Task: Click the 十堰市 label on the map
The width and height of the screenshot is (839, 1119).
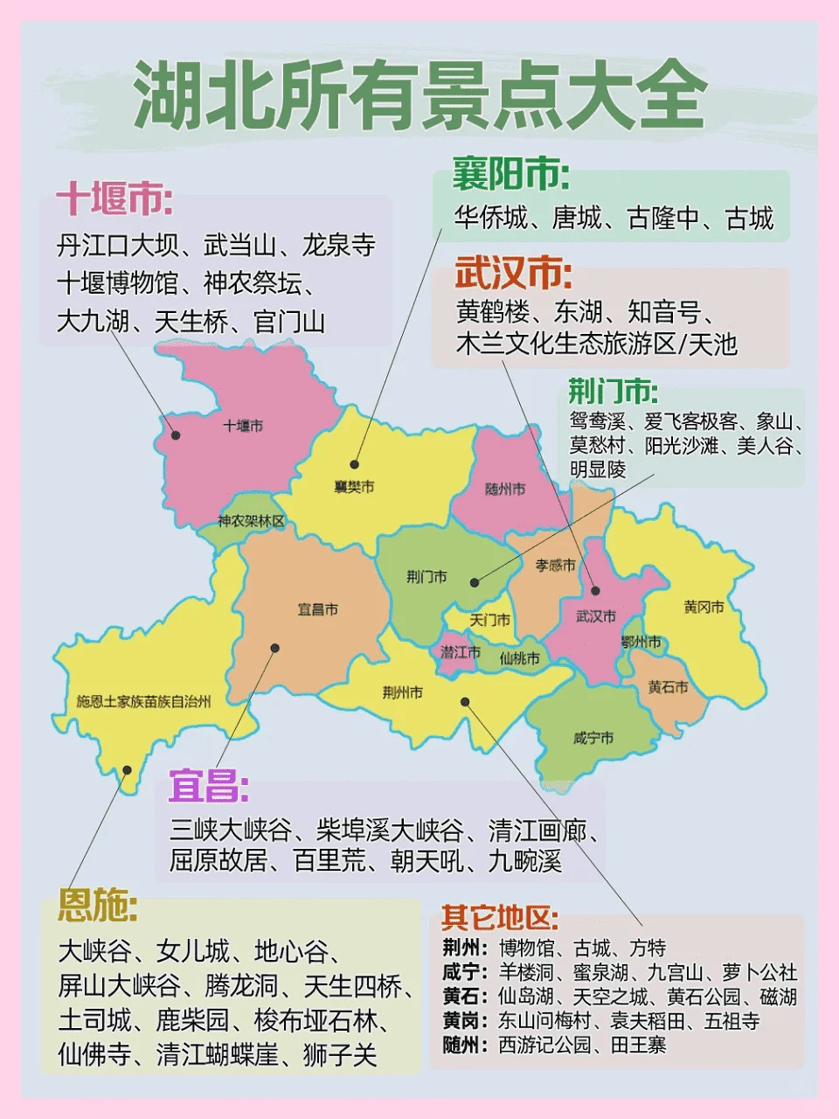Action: [x=243, y=426]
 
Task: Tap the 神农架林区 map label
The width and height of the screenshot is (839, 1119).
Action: [x=252, y=521]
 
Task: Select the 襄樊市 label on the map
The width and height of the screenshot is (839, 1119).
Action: [x=354, y=486]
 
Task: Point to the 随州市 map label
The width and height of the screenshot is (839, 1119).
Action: [x=505, y=489]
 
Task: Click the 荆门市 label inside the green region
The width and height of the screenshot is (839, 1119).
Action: [x=426, y=576]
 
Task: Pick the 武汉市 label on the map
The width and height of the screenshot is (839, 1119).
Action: [x=596, y=616]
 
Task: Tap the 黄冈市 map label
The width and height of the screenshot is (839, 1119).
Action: [x=704, y=607]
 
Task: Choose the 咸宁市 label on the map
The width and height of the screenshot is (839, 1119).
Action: [x=593, y=738]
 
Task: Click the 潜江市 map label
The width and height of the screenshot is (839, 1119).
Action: [x=460, y=652]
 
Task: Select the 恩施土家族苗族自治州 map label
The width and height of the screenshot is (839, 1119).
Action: [x=143, y=701]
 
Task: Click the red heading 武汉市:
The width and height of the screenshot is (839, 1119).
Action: [x=513, y=275]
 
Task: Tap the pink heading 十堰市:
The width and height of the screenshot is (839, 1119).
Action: [x=114, y=199]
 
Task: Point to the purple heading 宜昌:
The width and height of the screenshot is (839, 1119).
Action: [x=209, y=787]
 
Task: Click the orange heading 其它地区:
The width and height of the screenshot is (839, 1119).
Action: [x=500, y=918]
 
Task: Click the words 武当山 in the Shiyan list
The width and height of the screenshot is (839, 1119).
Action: [x=239, y=245]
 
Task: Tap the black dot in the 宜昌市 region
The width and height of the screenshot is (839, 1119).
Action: [x=274, y=648]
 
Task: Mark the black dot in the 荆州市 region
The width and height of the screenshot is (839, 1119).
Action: [x=466, y=701]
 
